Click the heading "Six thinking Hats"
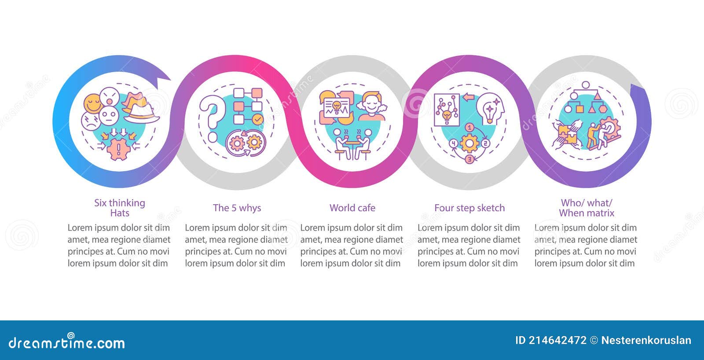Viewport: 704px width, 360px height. point(119,208)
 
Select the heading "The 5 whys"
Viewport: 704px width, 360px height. point(237,208)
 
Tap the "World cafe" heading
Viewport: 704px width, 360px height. point(352,208)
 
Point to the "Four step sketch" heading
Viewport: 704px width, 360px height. point(469,208)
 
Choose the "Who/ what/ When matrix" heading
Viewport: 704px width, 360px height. point(586,208)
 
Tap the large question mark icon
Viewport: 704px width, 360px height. point(211,117)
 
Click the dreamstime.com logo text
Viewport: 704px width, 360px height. point(67,342)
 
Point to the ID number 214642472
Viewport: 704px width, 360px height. point(557,340)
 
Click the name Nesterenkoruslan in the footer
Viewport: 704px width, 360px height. point(646,340)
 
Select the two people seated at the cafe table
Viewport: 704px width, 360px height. point(352,143)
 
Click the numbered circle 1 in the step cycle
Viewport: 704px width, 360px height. point(469,128)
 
